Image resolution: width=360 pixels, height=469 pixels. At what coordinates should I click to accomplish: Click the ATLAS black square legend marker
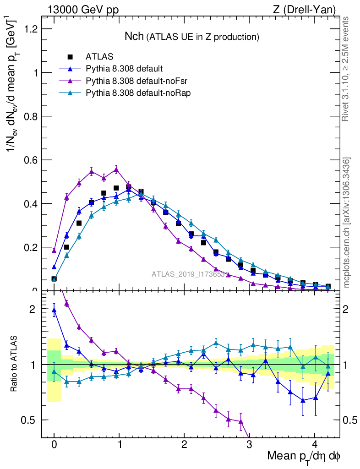pyautogui.click(x=70, y=57)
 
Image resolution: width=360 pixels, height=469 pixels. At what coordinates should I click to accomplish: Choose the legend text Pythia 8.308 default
pyautogui.click(x=124, y=69)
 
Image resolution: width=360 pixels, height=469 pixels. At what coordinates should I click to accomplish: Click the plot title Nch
pyautogui.click(x=135, y=36)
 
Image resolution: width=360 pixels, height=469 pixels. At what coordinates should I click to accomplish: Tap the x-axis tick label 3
pyautogui.click(x=249, y=445)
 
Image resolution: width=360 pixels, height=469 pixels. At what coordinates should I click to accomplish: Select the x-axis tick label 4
pyautogui.click(x=314, y=445)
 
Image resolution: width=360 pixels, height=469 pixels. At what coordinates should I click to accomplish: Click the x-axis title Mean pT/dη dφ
pyautogui.click(x=303, y=457)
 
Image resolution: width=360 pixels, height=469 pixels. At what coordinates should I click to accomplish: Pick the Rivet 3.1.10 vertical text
pyautogui.click(x=347, y=69)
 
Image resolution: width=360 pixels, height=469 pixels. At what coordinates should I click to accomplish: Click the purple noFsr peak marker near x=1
pyautogui.click(x=116, y=169)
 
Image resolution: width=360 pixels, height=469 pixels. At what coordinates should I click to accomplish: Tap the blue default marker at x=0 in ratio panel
pyautogui.click(x=54, y=310)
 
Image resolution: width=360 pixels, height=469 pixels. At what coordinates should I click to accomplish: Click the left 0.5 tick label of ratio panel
pyautogui.click(x=30, y=420)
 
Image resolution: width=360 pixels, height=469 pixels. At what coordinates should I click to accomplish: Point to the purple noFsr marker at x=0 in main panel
pyautogui.click(x=54, y=251)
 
